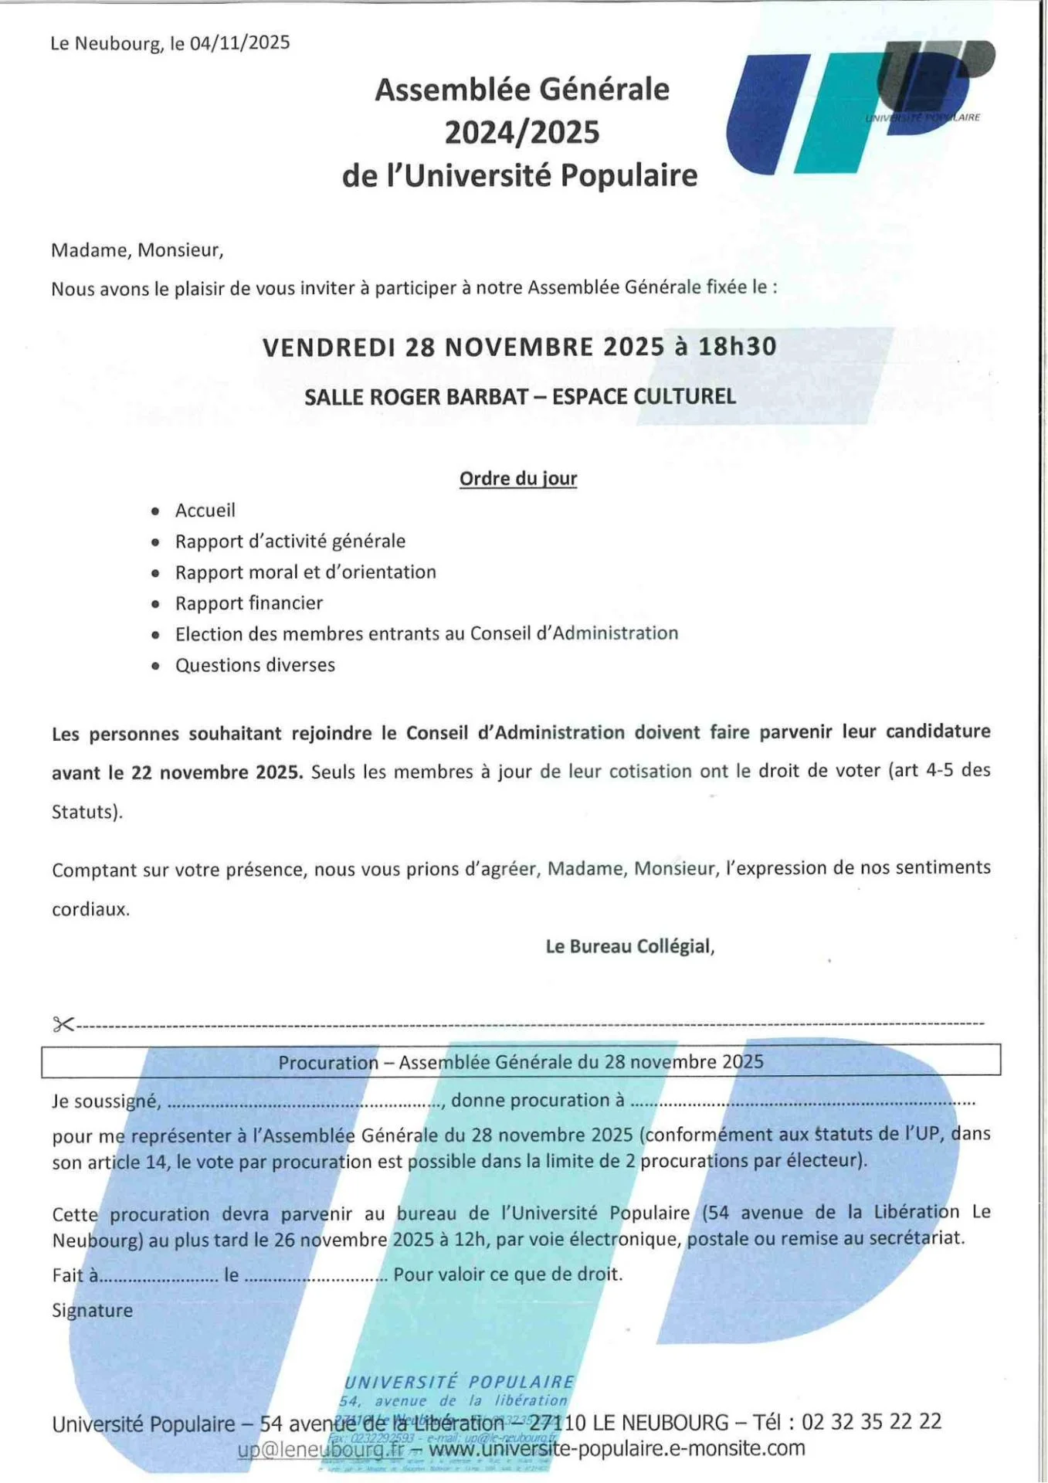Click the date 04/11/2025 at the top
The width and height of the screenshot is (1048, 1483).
tap(239, 42)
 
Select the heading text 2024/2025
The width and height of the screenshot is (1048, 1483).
tap(521, 132)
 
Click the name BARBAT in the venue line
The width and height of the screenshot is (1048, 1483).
tap(484, 397)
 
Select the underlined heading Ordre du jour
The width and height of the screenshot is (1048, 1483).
tap(518, 479)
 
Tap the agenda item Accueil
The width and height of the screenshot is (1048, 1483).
tap(205, 511)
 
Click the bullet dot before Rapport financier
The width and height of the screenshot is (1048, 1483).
tap(156, 605)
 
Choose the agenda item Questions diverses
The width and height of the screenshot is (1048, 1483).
tap(255, 665)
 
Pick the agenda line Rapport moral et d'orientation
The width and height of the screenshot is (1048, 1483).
tap(305, 572)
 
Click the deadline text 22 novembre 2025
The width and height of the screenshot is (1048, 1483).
tap(217, 772)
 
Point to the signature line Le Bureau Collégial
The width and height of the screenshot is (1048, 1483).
tap(629, 946)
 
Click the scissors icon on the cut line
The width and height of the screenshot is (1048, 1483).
tap(63, 1024)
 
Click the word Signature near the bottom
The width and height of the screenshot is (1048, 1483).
tap(92, 1311)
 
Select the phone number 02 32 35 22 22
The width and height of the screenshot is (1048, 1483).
tap(871, 1422)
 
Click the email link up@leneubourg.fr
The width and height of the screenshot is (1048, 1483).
tap(320, 1450)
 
